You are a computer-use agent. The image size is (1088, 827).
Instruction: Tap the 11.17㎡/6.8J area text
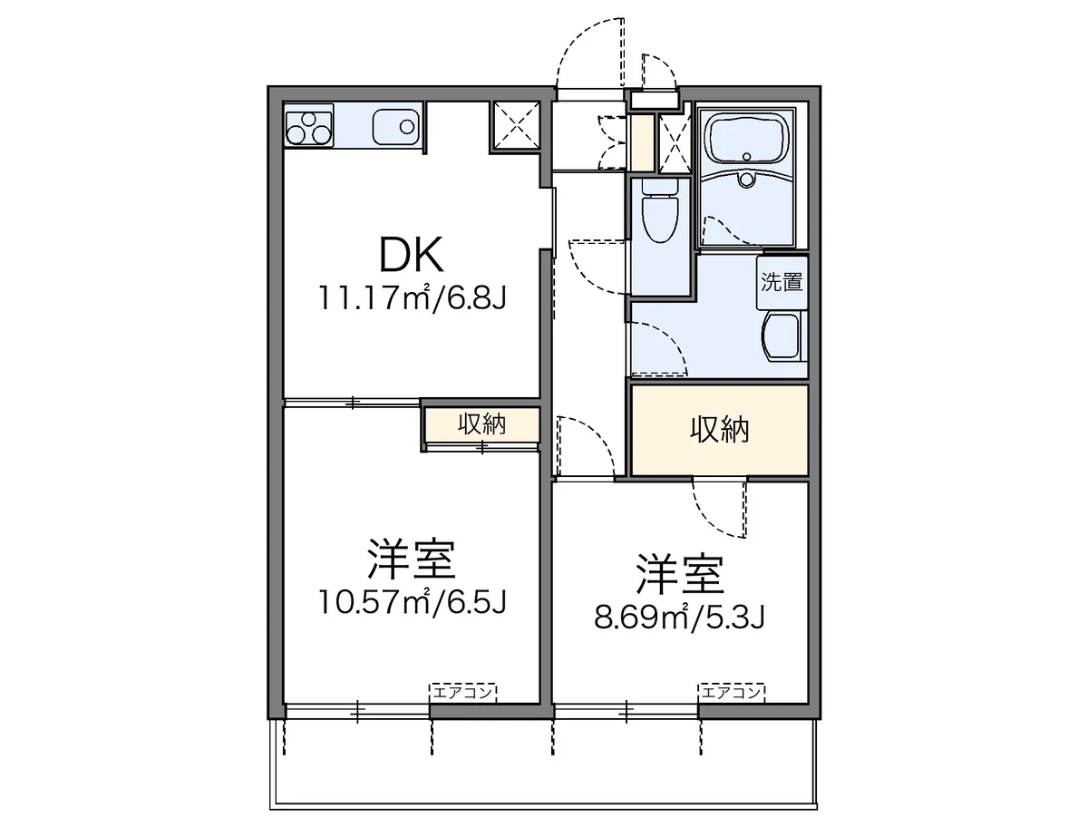tap(412, 297)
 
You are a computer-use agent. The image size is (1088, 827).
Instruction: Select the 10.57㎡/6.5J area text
tap(412, 601)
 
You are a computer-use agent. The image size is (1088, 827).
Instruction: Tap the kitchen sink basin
tap(396, 127)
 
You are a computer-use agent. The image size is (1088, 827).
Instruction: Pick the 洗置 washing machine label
tap(782, 282)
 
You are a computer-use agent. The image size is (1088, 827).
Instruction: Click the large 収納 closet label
tap(719, 430)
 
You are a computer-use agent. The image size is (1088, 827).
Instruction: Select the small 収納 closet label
tap(481, 423)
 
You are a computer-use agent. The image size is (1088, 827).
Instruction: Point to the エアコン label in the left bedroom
tap(463, 692)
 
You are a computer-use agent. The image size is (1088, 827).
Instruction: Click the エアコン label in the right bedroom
tap(732, 692)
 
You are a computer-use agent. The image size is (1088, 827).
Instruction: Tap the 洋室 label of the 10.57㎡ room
tap(412, 559)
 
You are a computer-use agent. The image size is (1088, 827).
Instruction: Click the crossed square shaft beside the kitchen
tap(516, 126)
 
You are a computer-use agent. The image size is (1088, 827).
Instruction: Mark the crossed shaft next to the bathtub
tap(675, 142)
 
